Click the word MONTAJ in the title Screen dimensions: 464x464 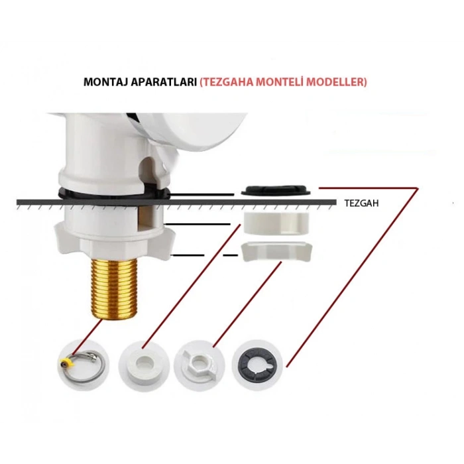pos(105,82)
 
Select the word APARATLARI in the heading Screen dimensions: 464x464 pos(164,82)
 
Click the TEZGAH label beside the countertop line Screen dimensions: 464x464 pos(361,203)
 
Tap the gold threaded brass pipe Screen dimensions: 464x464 pos(113,288)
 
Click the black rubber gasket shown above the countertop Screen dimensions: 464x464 pos(276,190)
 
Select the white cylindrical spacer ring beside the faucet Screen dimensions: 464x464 pos(276,223)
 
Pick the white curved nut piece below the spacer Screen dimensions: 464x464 pos(276,252)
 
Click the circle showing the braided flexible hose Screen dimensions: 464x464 pos(84,365)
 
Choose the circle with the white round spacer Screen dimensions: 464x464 pos(144,365)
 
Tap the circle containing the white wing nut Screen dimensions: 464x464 pos(199,365)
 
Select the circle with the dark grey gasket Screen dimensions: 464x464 pos(257,365)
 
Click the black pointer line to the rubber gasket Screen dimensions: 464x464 pos(201,194)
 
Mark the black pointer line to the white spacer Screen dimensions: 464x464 pos(197,224)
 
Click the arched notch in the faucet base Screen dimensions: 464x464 pos(148,172)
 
